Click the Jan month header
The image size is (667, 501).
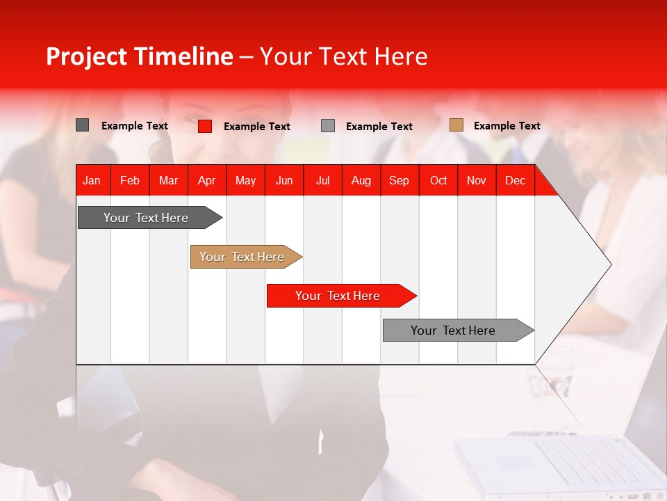coord(92,180)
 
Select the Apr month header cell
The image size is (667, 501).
coord(206,180)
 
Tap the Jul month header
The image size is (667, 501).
coord(322,180)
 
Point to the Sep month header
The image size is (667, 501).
coord(399,180)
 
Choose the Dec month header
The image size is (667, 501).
coord(515,180)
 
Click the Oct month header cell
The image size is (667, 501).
coord(438,180)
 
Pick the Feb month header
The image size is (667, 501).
coord(130,180)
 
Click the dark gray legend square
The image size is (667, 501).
coord(83,125)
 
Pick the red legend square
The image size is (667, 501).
coord(205,126)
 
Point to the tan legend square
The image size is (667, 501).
coord(456,125)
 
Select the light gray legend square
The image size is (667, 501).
coord(328,126)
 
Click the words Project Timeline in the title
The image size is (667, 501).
coord(139,56)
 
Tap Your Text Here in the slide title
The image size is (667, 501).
coord(344,56)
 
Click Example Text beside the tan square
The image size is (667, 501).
coord(507,126)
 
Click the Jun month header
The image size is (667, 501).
coord(283,180)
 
